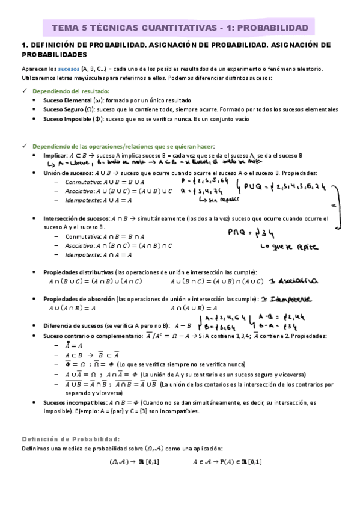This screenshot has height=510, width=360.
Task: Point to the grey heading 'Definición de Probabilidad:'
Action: click(x=70, y=438)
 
